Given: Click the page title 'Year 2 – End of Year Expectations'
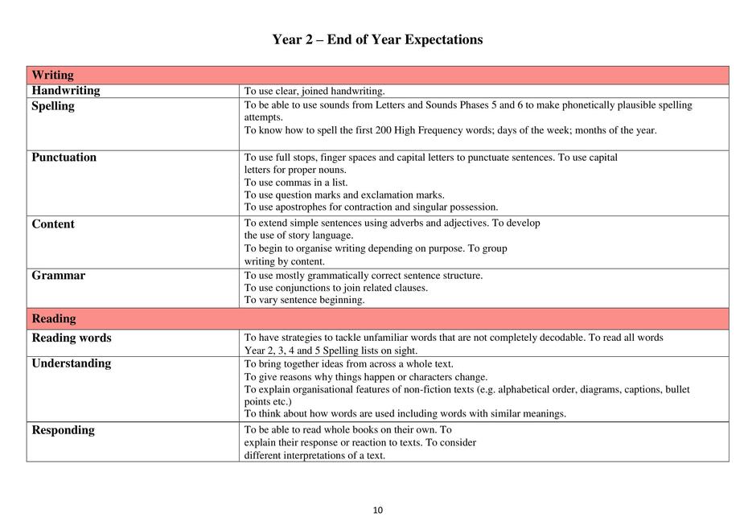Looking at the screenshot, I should [377, 39].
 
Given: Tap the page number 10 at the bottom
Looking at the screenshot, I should [378, 510].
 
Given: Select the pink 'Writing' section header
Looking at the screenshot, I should [52, 76].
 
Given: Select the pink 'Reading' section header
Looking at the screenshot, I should [54, 319].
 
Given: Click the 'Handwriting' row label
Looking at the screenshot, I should [66, 91].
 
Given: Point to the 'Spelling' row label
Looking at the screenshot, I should [53, 106].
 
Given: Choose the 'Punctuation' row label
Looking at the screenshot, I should [64, 158].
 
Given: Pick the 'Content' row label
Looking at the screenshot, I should [53, 224].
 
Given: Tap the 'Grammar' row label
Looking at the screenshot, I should [58, 276].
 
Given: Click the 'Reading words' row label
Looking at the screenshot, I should [72, 338].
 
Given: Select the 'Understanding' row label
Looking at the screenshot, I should [72, 363].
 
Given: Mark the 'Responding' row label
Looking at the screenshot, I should [63, 430].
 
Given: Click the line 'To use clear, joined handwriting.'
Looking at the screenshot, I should [314, 92].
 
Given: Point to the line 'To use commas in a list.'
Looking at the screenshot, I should [296, 182].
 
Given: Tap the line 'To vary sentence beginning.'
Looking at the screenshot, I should [304, 300].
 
